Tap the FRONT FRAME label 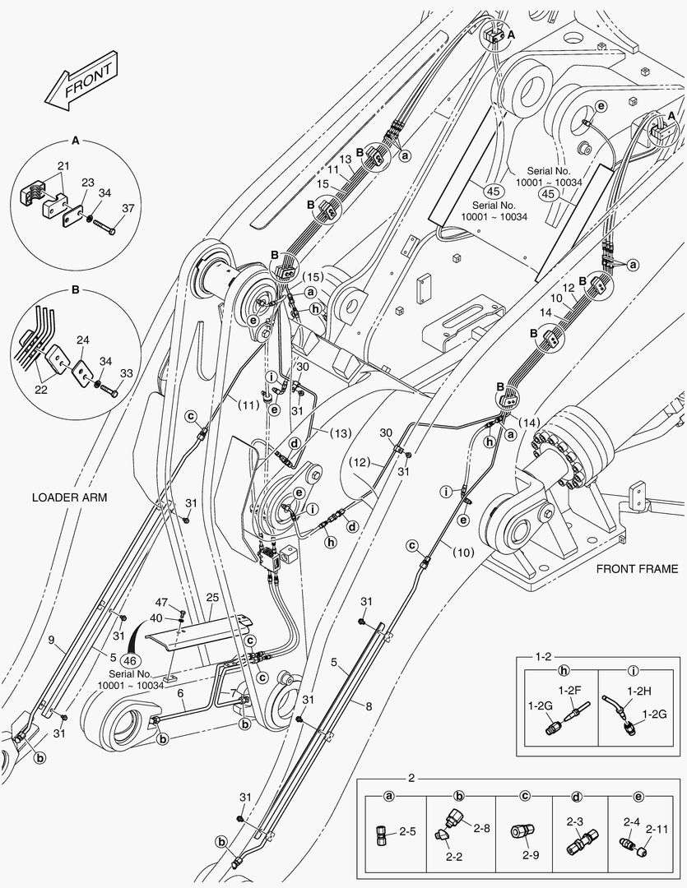click(x=636, y=568)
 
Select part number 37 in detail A click(x=128, y=208)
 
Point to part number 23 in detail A click(x=88, y=183)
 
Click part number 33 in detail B click(x=126, y=372)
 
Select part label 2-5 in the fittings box click(x=406, y=832)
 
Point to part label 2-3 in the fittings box click(x=576, y=821)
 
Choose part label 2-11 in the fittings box click(x=657, y=832)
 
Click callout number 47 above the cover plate click(x=162, y=604)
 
